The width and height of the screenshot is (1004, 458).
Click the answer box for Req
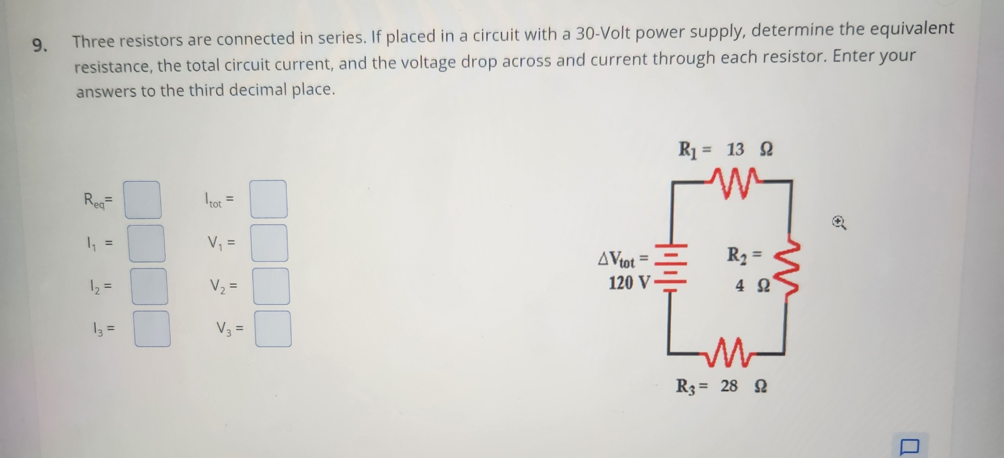point(142,200)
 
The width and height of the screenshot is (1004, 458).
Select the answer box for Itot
point(268,199)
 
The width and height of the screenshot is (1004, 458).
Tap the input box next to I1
point(147,243)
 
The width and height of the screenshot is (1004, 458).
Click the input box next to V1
point(269,243)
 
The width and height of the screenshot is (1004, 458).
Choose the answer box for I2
point(150,286)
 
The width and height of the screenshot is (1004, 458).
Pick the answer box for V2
point(271,286)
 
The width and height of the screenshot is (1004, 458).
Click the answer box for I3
point(152,329)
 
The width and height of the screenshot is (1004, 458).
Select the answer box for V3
point(273,329)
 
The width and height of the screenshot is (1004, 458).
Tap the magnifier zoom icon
point(839,224)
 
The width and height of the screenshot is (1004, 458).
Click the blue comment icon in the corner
point(909,447)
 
